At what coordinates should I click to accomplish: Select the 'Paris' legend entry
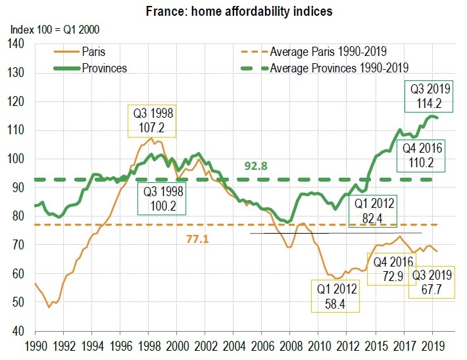click(91, 51)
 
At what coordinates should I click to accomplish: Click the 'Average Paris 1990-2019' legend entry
click(326, 51)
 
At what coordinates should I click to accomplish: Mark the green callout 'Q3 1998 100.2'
click(161, 199)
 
